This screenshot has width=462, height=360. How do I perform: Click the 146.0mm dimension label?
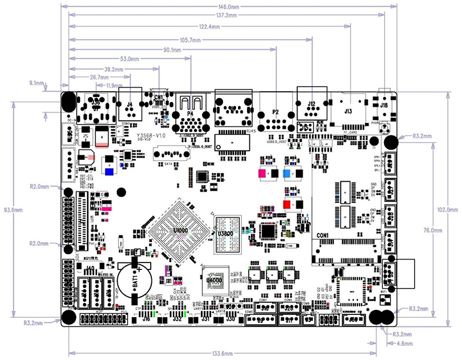[230, 6]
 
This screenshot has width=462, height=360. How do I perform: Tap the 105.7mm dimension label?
[190, 40]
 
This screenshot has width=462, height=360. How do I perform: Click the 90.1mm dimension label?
[174, 50]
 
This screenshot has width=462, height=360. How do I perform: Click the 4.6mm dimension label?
[403, 343]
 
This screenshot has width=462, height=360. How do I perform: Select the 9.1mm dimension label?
[36, 84]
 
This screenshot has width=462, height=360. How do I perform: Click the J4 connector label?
[129, 104]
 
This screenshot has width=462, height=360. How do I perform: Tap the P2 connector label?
[275, 112]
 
